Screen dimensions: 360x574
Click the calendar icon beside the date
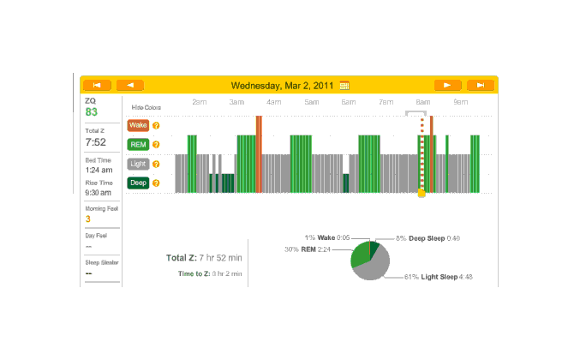344,85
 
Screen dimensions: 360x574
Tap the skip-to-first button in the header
97,85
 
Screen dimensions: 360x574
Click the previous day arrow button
129,85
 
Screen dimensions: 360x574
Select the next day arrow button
447,85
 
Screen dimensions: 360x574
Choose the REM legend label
137,144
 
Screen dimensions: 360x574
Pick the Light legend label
137,163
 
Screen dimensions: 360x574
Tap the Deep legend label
137,182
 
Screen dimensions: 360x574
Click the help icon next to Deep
156,182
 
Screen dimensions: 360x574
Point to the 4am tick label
273,102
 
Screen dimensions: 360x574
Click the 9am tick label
460,102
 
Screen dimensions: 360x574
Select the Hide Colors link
146,107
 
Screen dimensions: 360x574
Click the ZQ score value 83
92,112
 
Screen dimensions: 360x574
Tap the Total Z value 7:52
95,142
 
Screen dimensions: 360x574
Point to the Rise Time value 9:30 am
99,194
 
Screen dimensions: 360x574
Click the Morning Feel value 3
87,219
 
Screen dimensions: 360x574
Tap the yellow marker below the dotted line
421,194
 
